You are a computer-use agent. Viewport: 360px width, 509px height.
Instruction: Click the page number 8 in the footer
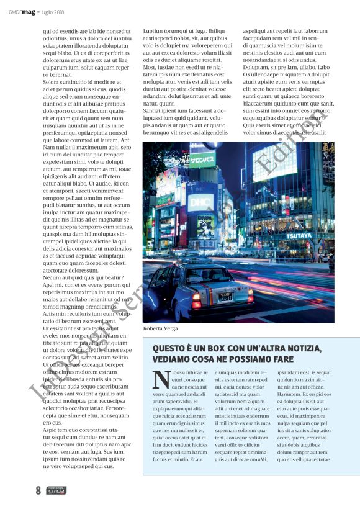pos(38,490)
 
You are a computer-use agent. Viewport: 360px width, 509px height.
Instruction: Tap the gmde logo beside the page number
pos(56,490)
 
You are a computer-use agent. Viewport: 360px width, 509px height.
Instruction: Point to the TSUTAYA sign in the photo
pos(299,235)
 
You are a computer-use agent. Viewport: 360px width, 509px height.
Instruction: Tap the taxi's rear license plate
pos(225,297)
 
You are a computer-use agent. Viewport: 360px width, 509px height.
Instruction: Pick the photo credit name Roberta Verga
pos(160,328)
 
